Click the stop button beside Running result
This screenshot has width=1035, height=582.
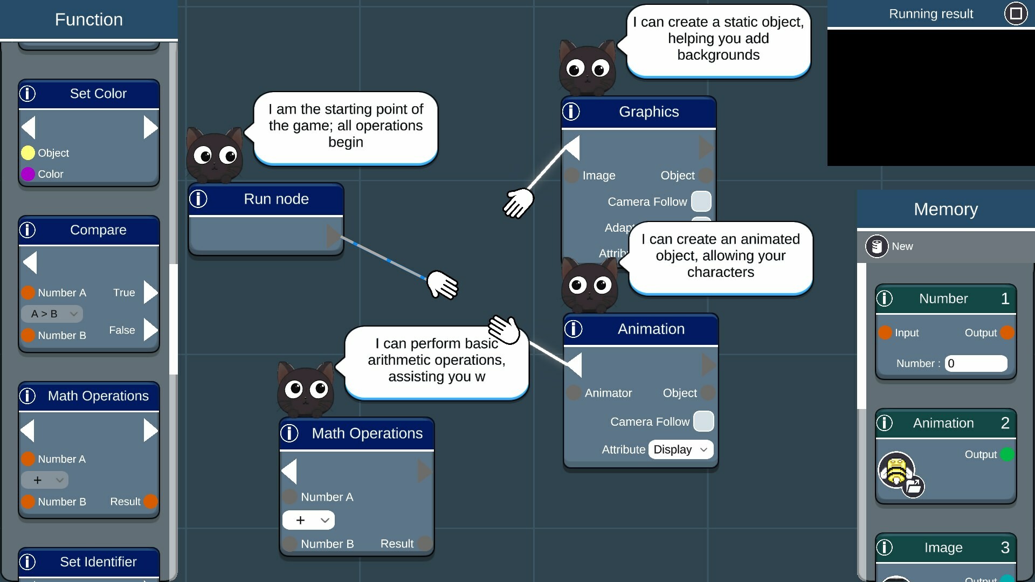click(x=1016, y=13)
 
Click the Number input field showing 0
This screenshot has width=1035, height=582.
click(x=976, y=363)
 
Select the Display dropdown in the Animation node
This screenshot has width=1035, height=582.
click(x=680, y=449)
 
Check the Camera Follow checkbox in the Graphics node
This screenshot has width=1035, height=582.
click(x=701, y=202)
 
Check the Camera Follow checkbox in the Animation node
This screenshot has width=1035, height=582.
click(x=703, y=421)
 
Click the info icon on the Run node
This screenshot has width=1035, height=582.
click(x=198, y=199)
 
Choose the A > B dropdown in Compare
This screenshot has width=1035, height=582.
click(x=52, y=314)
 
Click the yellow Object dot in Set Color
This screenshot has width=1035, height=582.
click(x=28, y=153)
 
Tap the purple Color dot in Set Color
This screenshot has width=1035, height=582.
click(x=28, y=174)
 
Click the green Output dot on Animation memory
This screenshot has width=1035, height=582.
click(x=1006, y=454)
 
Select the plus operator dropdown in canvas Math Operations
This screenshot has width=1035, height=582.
click(x=308, y=520)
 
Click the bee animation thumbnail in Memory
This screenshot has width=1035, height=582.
click(x=896, y=470)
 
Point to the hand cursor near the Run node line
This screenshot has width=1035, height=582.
click(x=442, y=284)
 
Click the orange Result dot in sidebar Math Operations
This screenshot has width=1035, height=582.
click(x=151, y=502)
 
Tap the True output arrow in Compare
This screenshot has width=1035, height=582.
click(x=150, y=293)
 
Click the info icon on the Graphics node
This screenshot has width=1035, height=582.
click(x=571, y=112)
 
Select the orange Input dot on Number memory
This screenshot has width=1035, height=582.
click(x=885, y=332)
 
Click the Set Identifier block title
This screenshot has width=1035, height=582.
click(x=98, y=562)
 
